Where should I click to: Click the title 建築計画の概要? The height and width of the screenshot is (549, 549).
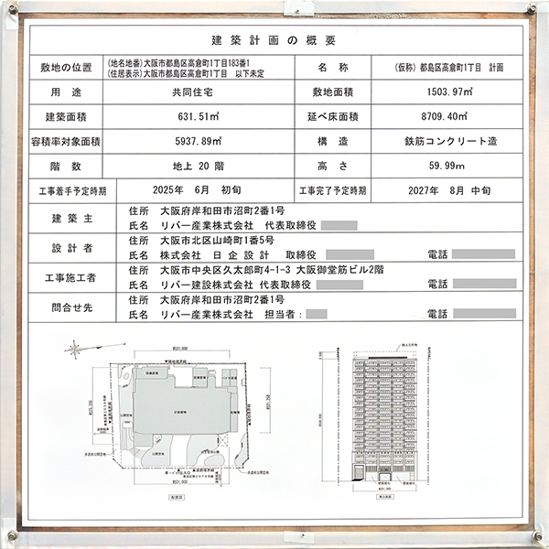click(x=274, y=39)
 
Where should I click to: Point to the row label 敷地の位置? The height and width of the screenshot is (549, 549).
click(x=67, y=68)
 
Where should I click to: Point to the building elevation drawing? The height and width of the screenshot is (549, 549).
click(x=385, y=416)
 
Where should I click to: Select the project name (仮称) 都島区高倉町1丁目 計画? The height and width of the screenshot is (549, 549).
click(x=443, y=68)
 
